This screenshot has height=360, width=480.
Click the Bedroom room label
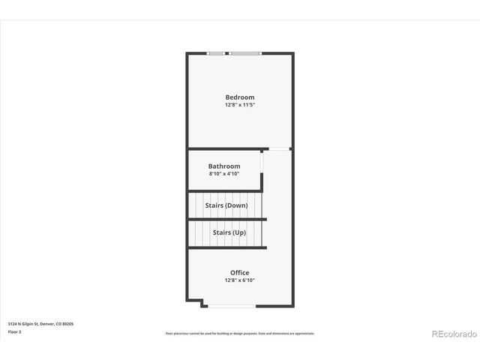(x=240, y=97)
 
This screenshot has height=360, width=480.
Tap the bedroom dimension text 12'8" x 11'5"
(x=240, y=105)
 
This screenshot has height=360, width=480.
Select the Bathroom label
(x=224, y=166)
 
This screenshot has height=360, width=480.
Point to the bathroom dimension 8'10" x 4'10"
(x=224, y=174)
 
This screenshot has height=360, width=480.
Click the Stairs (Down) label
(x=226, y=205)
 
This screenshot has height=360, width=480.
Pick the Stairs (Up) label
(x=229, y=232)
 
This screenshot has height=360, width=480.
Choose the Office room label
(x=240, y=272)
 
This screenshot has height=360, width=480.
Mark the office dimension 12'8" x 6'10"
(x=240, y=280)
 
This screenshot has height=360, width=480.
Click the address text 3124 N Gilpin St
(x=40, y=324)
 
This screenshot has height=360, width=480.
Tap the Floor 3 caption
(x=15, y=331)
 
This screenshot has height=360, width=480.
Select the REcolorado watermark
(x=453, y=333)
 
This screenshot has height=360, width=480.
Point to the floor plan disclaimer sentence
(x=240, y=333)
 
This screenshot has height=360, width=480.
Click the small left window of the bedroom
(x=216, y=52)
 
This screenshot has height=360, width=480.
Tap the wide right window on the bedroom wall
(x=245, y=52)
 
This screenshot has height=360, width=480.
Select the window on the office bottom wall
(x=232, y=305)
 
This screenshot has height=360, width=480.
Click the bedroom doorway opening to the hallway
(x=279, y=149)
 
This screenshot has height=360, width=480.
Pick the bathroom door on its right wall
(x=262, y=163)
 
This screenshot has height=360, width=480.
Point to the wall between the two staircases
(x=226, y=219)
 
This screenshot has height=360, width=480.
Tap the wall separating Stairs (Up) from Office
(x=226, y=247)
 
